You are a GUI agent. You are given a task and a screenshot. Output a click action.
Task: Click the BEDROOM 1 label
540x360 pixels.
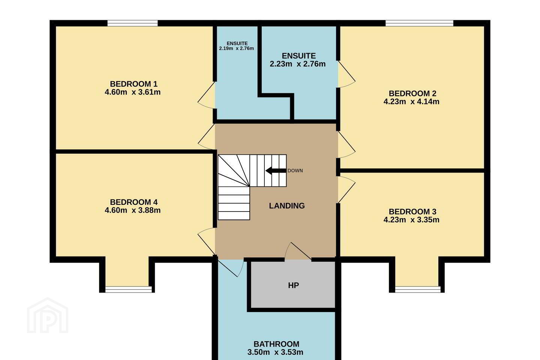click(133, 84)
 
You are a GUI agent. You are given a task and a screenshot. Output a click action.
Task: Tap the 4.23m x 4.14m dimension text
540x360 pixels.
click(411, 102)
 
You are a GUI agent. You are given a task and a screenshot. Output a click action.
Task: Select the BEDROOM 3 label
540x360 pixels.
click(412, 211)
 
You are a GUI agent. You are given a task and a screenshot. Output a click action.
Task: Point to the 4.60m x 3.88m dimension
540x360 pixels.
click(133, 210)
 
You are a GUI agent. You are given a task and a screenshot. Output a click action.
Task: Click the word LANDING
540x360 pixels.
click(286, 205)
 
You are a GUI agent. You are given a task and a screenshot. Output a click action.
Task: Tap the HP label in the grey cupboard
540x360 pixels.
click(293, 285)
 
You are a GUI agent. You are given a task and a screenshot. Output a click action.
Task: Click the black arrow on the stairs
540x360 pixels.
click(276, 171)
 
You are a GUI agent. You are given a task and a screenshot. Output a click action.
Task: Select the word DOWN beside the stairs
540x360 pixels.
click(295, 171)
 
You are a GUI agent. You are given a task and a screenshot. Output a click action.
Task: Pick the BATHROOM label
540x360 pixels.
click(276, 344)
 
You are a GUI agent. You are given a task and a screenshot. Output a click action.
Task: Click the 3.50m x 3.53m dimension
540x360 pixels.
click(275, 352)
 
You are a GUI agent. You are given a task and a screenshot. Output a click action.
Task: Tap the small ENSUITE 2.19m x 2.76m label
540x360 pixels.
click(237, 46)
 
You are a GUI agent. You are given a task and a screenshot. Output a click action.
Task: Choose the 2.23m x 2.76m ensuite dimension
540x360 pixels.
click(297, 64)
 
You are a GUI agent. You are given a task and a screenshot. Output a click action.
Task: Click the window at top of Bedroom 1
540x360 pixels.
click(132, 23)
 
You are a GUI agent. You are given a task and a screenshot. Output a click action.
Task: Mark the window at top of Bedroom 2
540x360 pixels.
click(420, 23)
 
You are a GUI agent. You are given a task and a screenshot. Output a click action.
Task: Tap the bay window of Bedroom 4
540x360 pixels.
click(129, 289)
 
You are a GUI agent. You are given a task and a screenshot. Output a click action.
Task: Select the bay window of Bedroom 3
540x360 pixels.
click(417, 289)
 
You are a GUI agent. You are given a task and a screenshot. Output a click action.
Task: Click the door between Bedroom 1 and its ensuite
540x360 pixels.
click(206, 95)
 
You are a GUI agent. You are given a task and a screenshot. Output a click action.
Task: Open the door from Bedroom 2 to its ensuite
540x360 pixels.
click(346, 74)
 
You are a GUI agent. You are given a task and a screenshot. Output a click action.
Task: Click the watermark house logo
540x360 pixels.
click(48, 315)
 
